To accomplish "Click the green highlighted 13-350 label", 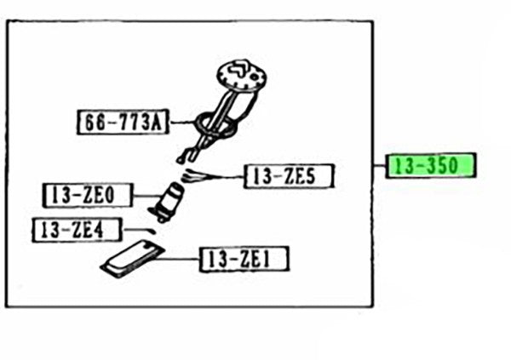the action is pyautogui.click(x=430, y=165).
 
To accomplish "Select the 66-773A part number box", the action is pyautogui.click(x=123, y=123).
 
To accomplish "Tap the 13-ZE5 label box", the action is pyautogui.click(x=289, y=176).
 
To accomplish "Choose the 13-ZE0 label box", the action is pyautogui.click(x=88, y=195).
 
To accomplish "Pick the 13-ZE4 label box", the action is pyautogui.click(x=78, y=230).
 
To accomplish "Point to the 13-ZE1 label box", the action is pyautogui.click(x=244, y=260).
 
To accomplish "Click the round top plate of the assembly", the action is pyautogui.click(x=242, y=75).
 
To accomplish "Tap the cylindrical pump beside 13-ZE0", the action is pyautogui.click(x=167, y=203).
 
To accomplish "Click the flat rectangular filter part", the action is pyautogui.click(x=133, y=259).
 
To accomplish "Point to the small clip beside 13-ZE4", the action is pyautogui.click(x=151, y=231).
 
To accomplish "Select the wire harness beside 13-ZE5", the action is pyautogui.click(x=196, y=176).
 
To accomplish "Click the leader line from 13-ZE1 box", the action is pyautogui.click(x=178, y=260).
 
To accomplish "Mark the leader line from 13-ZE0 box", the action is pyautogui.click(x=147, y=196).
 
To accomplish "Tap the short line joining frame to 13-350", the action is pyautogui.click(x=379, y=165).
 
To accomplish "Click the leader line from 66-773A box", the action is pyautogui.click(x=181, y=123).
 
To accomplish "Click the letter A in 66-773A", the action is pyautogui.click(x=156, y=123).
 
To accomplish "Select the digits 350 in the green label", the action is pyautogui.click(x=442, y=165).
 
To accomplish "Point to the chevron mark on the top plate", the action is pyautogui.click(x=237, y=69).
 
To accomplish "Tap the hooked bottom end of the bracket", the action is pyautogui.click(x=181, y=160).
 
